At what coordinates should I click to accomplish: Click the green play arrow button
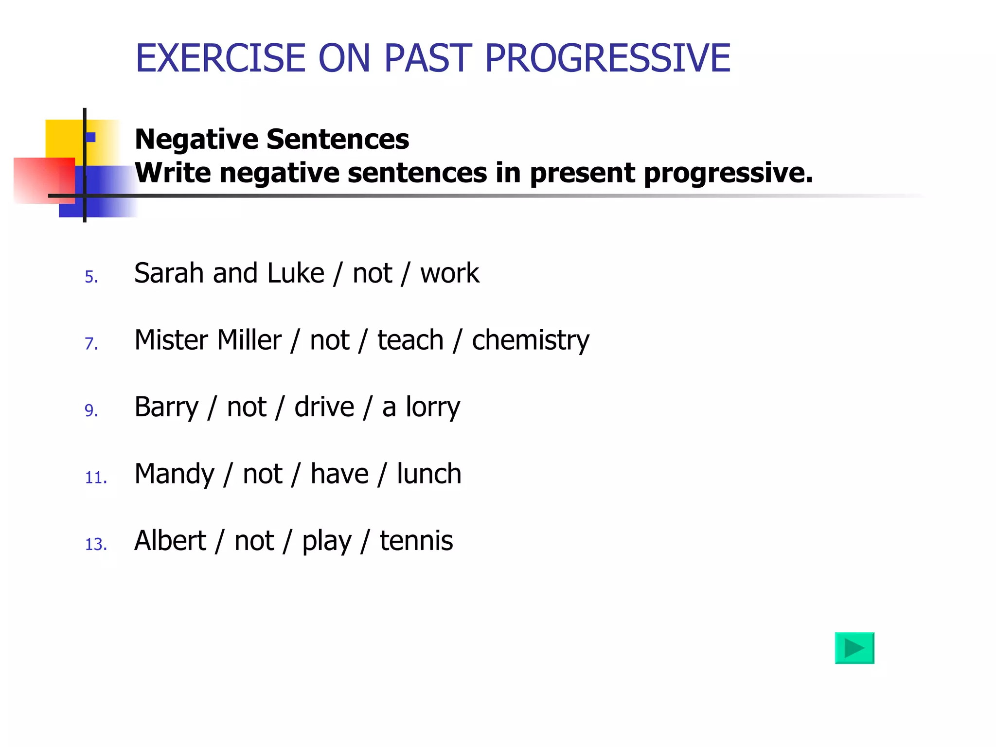coord(854,648)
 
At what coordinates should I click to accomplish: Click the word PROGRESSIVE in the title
coord(607,58)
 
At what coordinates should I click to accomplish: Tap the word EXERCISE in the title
coord(220,58)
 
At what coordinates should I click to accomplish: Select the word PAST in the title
coord(428,58)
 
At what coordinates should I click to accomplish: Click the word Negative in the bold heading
coord(196,139)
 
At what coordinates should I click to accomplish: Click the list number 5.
coord(91,277)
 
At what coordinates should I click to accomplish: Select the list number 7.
coord(91,343)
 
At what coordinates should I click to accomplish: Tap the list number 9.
coord(91,410)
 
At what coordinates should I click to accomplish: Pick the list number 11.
coord(96,478)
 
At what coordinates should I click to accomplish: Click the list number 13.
coord(96,544)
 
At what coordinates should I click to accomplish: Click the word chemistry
coord(530,340)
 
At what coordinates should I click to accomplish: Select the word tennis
coord(416,541)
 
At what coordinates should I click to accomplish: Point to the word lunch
coord(429,474)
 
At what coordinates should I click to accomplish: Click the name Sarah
coord(168,273)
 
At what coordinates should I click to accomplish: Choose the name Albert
coord(170,541)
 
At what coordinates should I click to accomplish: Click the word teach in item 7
coord(410,340)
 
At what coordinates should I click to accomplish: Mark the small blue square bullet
coord(90,137)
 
